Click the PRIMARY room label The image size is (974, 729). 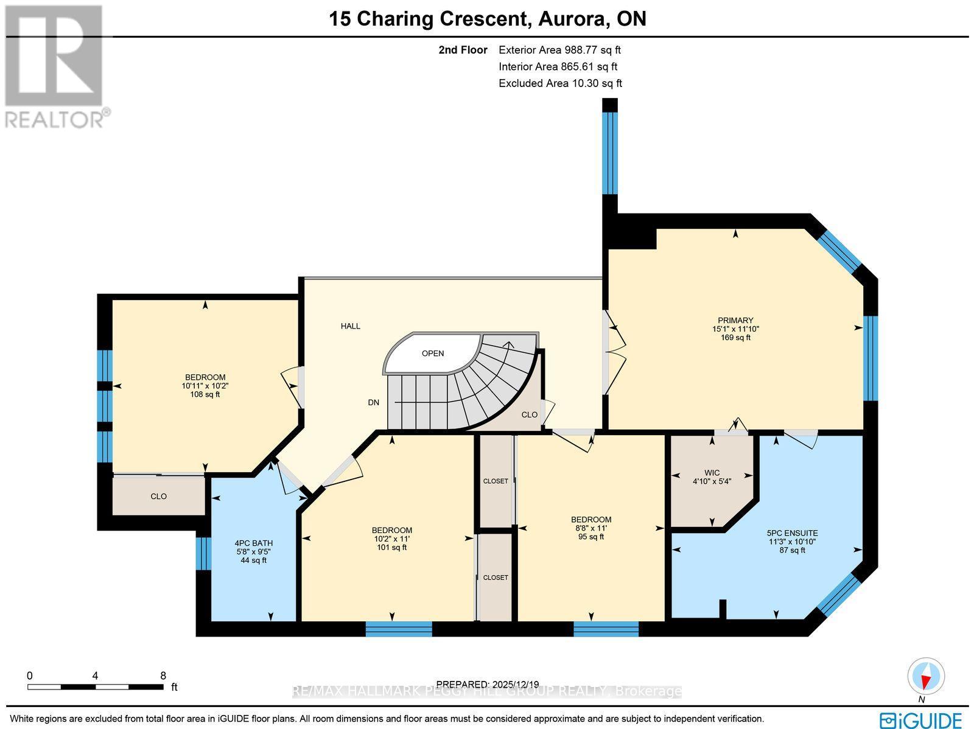(735, 320)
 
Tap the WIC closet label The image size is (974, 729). (712, 472)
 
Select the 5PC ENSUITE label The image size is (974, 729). (792, 532)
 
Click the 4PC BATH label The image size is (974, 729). (253, 543)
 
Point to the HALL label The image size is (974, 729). (350, 326)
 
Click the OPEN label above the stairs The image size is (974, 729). (433, 353)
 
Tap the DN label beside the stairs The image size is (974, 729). (374, 402)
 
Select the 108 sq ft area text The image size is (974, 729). (205, 394)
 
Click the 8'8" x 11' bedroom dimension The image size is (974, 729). (590, 528)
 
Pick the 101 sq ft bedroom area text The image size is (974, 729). (391, 547)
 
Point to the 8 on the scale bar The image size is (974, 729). (163, 675)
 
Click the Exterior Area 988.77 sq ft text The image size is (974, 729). (559, 50)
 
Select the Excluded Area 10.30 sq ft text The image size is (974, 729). (560, 83)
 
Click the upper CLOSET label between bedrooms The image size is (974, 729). (496, 481)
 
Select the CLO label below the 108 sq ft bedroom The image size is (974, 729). (158, 496)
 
